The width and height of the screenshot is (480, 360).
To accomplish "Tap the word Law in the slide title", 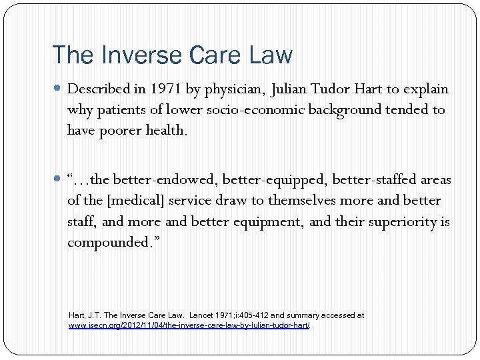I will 271,55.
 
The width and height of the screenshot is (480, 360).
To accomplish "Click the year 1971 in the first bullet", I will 164,89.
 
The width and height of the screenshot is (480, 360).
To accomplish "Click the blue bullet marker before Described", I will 59,89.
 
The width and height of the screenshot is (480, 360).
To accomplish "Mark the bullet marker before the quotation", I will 59,180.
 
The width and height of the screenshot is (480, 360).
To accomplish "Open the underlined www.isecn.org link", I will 189,325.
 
